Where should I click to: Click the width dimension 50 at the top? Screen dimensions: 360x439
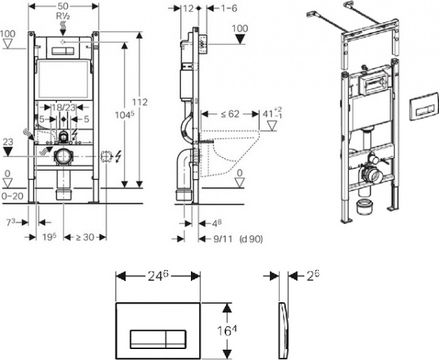[64, 5]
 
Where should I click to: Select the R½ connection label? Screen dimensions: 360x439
[64, 15]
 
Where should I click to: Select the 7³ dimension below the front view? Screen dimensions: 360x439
[10, 220]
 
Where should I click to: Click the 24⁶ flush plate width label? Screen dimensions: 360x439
[158, 277]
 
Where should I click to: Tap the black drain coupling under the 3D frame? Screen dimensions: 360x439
[364, 206]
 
